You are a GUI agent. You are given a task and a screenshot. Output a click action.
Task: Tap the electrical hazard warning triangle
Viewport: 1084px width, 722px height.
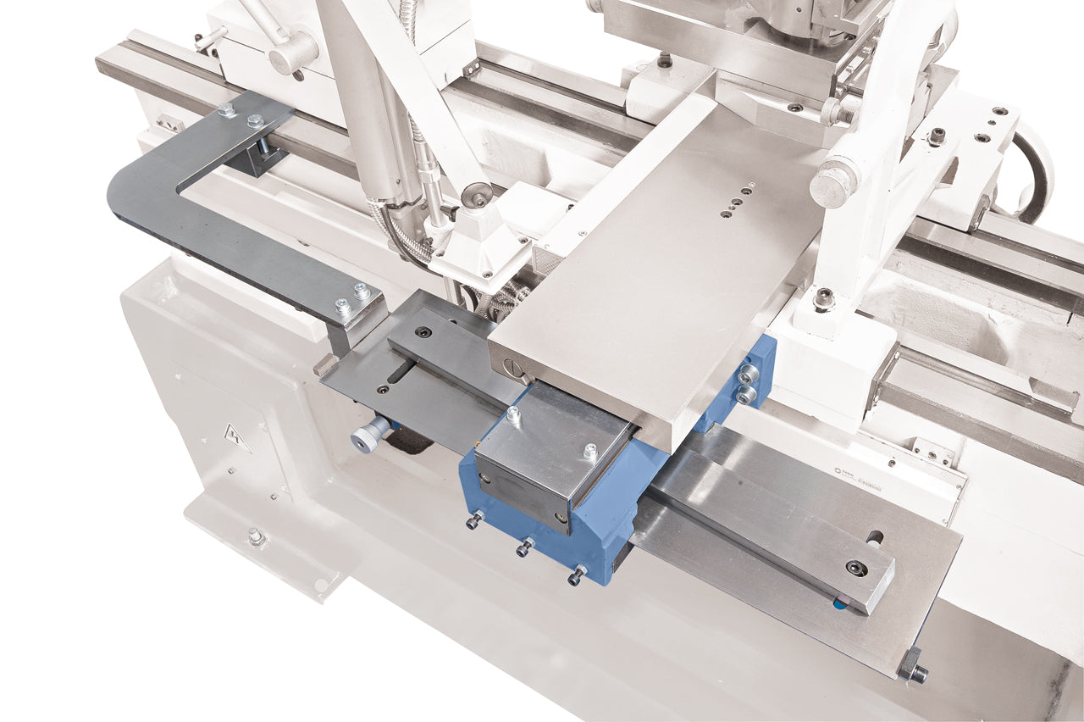(x=236, y=438)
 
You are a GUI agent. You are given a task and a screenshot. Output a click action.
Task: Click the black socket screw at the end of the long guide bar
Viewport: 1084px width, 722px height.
(x=856, y=568)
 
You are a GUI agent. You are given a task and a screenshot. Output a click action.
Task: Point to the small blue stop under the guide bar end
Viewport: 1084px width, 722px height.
(x=839, y=604)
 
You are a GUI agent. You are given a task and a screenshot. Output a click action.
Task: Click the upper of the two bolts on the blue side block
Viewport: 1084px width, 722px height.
(x=749, y=374)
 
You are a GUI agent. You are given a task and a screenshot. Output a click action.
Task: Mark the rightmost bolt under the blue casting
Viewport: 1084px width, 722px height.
(x=577, y=575)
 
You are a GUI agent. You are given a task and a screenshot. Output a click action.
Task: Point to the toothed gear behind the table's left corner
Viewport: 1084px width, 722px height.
(x=505, y=300)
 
